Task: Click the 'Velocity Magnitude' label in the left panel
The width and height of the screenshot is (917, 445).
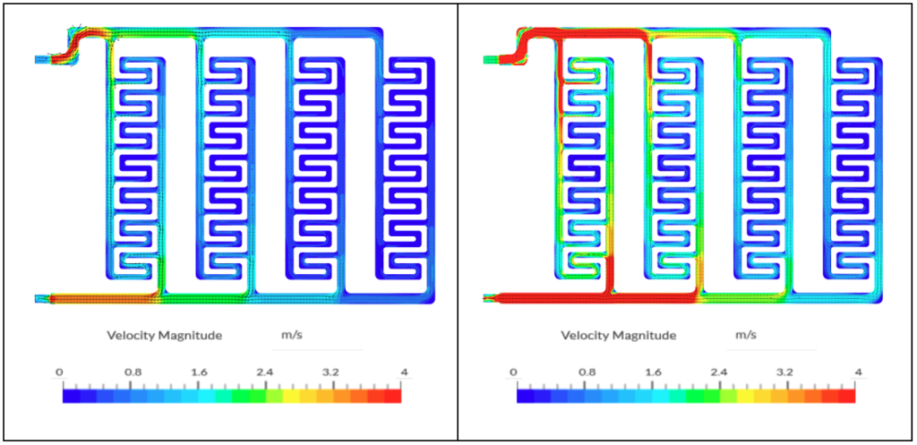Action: (158, 336)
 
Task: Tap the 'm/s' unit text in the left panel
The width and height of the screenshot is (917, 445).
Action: (287, 335)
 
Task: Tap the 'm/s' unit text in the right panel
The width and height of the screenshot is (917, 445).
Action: (746, 335)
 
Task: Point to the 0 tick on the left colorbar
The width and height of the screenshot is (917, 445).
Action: (59, 372)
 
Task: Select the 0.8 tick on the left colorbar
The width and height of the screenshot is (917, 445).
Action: (131, 372)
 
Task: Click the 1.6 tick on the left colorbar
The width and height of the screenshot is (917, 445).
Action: (198, 372)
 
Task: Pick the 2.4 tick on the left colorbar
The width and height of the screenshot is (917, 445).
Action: (266, 372)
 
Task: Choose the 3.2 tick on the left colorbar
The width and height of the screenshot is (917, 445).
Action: (333, 372)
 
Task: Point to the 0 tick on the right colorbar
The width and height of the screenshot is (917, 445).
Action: (513, 372)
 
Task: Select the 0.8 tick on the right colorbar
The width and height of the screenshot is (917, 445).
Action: (585, 372)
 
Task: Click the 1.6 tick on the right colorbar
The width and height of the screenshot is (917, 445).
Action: (652, 372)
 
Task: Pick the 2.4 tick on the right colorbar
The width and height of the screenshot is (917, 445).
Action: (720, 372)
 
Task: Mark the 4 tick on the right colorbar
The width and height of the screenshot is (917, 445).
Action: (858, 372)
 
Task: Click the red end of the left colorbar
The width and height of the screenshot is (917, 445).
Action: (394, 395)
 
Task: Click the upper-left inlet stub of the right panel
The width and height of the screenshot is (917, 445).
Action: (492, 60)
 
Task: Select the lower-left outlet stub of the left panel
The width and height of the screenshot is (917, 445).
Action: (41, 298)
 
